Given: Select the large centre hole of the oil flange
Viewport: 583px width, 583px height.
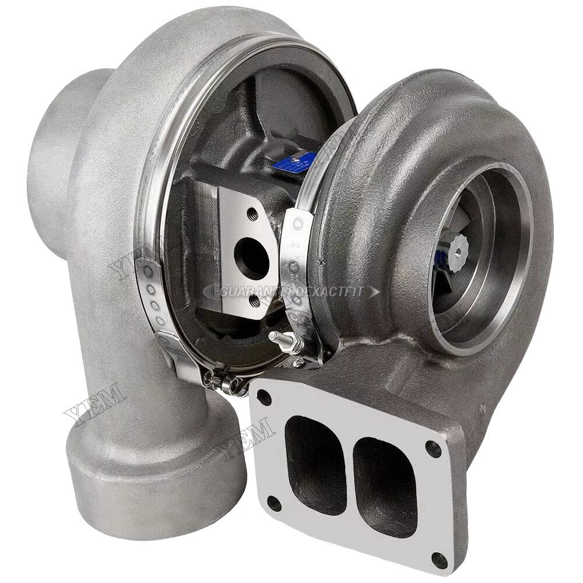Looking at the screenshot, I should (252, 258).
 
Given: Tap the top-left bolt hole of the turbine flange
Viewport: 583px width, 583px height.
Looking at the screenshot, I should (264, 398).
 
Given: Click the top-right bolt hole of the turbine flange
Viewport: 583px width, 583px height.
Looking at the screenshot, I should (433, 448).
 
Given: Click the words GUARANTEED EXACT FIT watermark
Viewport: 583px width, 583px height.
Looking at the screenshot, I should (291, 290).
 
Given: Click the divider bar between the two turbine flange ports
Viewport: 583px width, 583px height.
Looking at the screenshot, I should (349, 466).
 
